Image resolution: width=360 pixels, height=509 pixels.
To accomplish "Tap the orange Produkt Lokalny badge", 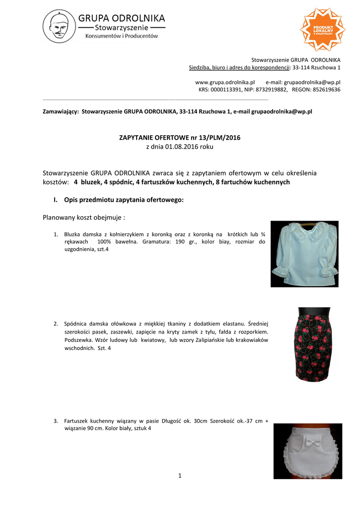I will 322,29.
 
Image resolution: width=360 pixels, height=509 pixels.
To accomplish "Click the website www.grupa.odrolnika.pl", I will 224,82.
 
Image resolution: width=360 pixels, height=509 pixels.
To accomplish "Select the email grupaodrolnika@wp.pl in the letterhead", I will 312,82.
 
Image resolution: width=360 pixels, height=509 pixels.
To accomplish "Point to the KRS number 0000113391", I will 227,89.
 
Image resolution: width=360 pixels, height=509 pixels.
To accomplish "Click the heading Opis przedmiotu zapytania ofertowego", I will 124,200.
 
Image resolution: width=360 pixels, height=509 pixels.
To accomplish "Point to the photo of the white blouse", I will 304,254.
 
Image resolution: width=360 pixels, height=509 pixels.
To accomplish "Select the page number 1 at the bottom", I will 180,476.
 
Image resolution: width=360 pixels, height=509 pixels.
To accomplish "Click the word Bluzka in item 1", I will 73,234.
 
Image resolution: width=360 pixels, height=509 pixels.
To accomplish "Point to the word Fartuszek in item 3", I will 77,421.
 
